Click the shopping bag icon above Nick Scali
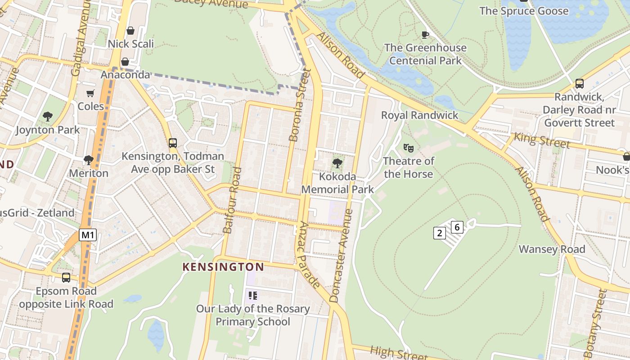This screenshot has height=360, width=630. [x=130, y=31]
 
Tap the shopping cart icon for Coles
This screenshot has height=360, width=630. [x=90, y=93]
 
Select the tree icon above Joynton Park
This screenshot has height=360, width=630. [x=48, y=117]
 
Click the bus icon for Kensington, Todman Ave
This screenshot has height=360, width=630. [x=173, y=143]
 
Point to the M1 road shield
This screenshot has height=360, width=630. [x=88, y=234]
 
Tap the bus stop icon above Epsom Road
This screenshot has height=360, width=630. [x=66, y=278]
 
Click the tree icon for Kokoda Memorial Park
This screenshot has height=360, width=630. [x=337, y=163]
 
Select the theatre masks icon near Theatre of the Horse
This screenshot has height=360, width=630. [x=408, y=148]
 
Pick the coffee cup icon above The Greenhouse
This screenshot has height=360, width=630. [x=425, y=35]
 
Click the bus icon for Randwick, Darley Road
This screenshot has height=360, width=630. [x=580, y=83]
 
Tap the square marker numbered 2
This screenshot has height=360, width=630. [x=439, y=233]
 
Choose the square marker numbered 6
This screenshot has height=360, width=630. [x=457, y=227]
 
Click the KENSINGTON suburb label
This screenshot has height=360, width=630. [x=223, y=267]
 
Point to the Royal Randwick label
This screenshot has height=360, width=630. [x=419, y=115]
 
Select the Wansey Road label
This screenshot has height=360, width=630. [x=552, y=249]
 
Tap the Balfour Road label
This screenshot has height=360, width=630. [x=232, y=200]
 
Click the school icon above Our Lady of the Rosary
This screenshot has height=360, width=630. [x=252, y=296]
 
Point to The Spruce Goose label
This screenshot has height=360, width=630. [x=524, y=11]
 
